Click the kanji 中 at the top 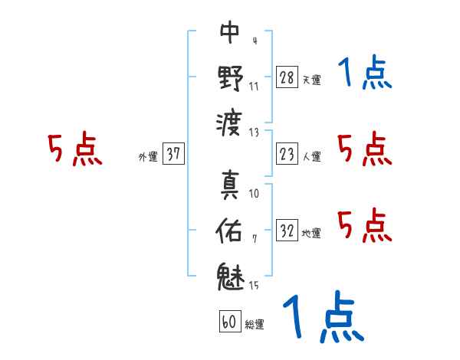230,32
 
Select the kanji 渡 230,120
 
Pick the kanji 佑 230,231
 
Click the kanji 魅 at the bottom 230,275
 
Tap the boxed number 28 287,77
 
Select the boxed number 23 287,155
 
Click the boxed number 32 287,231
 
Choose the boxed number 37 173,155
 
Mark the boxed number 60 229,322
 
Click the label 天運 311,80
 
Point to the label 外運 148,157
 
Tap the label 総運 255,325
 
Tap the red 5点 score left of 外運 74,150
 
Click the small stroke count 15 254,286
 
